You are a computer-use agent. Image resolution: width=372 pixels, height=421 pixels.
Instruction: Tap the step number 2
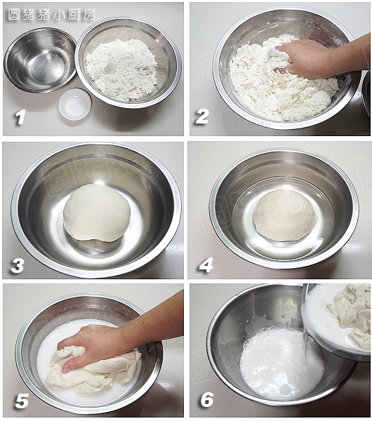coord(202,116)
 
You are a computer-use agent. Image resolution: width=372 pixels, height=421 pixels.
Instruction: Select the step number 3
coord(18,265)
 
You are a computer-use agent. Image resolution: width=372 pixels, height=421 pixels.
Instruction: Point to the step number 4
coord(206,265)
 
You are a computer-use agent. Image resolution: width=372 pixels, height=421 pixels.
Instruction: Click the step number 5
coord(22,401)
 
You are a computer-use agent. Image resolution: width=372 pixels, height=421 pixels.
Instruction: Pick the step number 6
coord(207,399)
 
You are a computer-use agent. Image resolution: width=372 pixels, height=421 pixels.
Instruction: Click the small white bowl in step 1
coord(75,104)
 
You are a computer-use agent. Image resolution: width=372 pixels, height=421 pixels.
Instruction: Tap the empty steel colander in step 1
coord(40,60)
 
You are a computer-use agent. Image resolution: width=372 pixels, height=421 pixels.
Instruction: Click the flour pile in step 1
coord(121,70)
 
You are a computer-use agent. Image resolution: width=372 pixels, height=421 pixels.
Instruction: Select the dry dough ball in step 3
coord(97,213)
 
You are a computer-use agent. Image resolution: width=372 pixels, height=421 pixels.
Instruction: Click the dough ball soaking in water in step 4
coord(285,215)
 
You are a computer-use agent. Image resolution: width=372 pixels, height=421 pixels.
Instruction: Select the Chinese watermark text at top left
coord(51,14)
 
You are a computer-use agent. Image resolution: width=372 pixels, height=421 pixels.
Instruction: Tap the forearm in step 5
coord(153,319)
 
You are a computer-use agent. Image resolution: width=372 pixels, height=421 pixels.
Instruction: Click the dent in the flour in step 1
coord(111,69)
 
